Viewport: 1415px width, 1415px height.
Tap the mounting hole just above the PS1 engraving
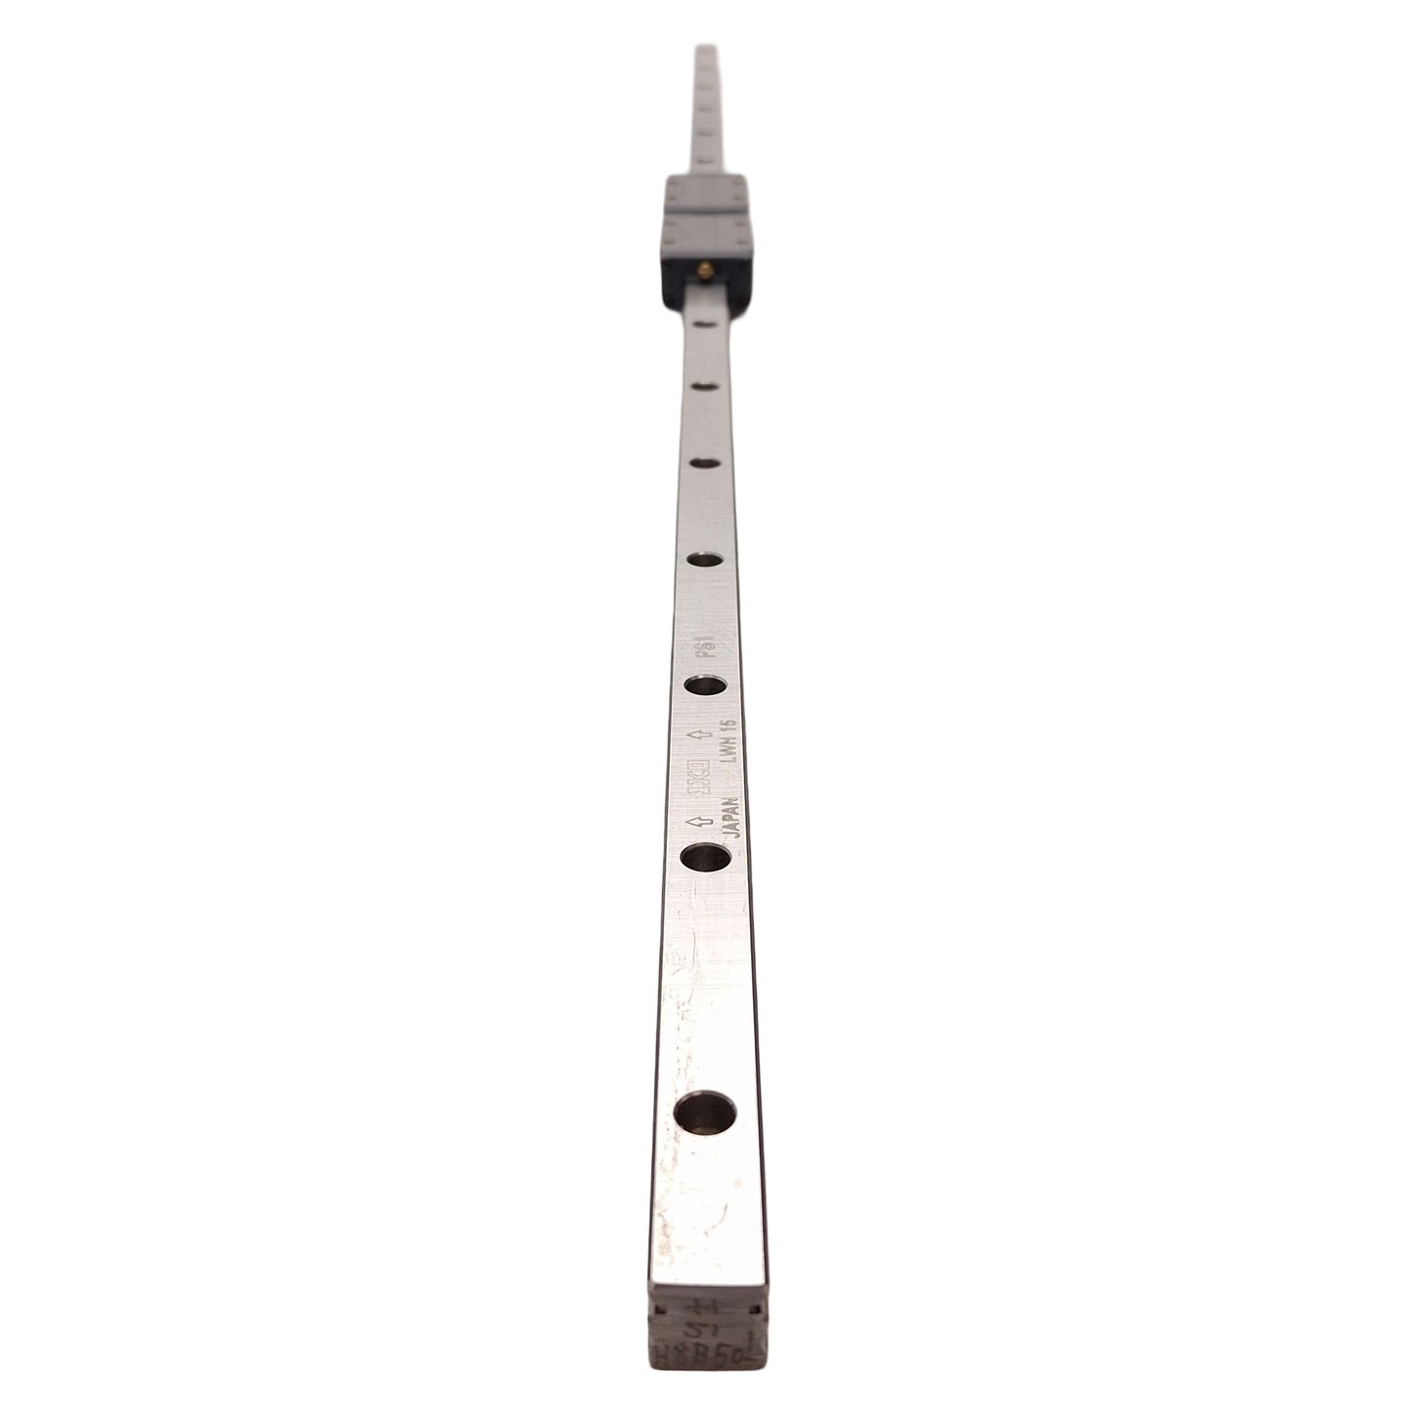(706, 560)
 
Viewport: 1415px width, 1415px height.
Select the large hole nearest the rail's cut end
(707, 1112)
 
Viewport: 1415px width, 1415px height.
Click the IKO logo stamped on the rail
(697, 774)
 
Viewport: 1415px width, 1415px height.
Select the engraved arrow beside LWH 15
(696, 734)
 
